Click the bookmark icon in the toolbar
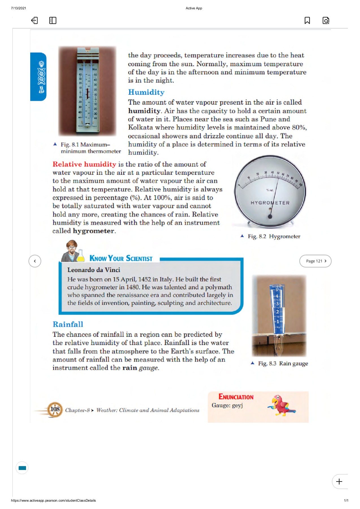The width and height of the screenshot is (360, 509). pyautogui.click(x=307, y=20)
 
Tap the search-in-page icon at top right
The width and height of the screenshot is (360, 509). pyautogui.click(x=326, y=20)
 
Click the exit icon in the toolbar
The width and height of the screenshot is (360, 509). pyautogui.click(x=34, y=20)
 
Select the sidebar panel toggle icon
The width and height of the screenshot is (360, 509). pyautogui.click(x=53, y=20)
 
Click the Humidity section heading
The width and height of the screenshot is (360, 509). pyautogui.click(x=146, y=92)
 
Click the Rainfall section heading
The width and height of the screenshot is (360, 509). pyautogui.click(x=68, y=324)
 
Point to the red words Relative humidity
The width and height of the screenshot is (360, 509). pyautogui.click(x=84, y=164)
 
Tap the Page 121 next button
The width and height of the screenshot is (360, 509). pyautogui.click(x=315, y=261)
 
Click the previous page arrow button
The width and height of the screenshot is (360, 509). pyautogui.click(x=35, y=261)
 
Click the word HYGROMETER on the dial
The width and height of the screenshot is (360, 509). pyautogui.click(x=270, y=203)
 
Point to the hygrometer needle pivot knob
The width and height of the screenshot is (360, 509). pyautogui.click(x=270, y=216)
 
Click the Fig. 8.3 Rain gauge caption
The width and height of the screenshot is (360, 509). pyautogui.click(x=283, y=363)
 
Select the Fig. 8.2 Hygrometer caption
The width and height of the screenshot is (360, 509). pyautogui.click(x=273, y=236)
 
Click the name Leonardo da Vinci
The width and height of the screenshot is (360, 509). pyautogui.click(x=94, y=270)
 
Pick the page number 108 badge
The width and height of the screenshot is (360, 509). pyautogui.click(x=55, y=409)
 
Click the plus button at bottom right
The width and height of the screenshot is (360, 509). pyautogui.click(x=339, y=481)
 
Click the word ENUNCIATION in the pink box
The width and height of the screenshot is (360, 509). pyautogui.click(x=236, y=397)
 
